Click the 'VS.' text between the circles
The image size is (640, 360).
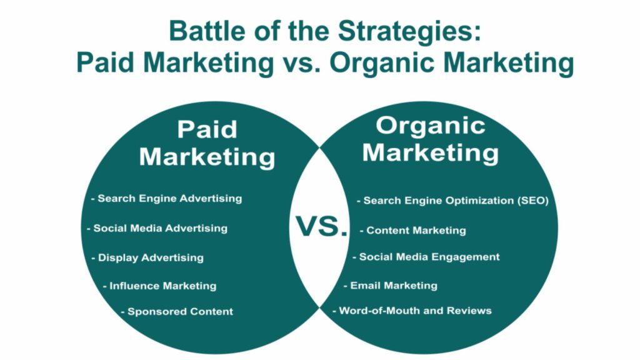pos(321,226)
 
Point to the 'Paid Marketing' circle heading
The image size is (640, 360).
pos(207,143)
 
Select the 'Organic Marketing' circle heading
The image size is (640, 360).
pos(431,139)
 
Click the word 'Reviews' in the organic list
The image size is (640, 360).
pos(470,310)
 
